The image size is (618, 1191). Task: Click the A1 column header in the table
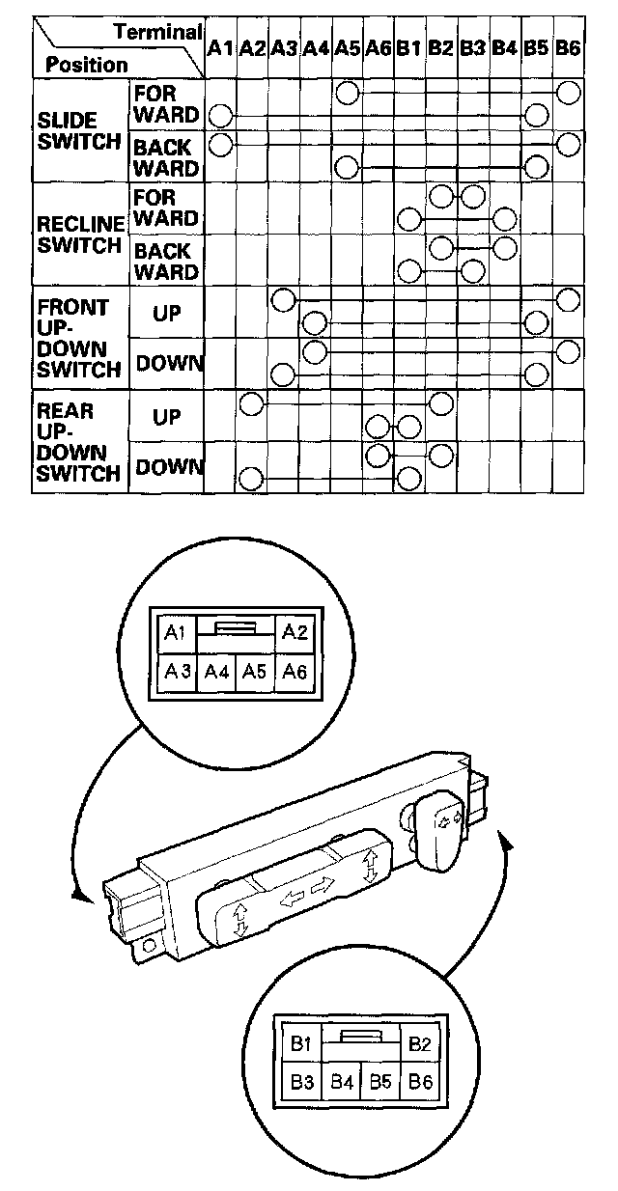pyautogui.click(x=220, y=46)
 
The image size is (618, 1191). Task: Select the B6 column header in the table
pyautogui.click(x=569, y=46)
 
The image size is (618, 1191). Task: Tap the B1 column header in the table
pyautogui.click(x=408, y=46)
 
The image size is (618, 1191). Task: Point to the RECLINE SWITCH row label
pyautogui.click(x=81, y=234)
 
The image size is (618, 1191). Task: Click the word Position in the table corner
pyautogui.click(x=87, y=65)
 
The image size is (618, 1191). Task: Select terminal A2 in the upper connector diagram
pyautogui.click(x=295, y=633)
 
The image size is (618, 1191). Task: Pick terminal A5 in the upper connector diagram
pyautogui.click(x=255, y=672)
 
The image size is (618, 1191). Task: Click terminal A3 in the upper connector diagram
pyautogui.click(x=176, y=672)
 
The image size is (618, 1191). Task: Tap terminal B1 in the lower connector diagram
pyautogui.click(x=300, y=1043)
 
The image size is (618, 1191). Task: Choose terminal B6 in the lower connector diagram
pyautogui.click(x=420, y=1083)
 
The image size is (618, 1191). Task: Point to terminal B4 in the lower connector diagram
pyautogui.click(x=340, y=1083)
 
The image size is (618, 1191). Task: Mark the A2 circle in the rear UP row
pyautogui.click(x=251, y=403)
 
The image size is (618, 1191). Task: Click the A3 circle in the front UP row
pyautogui.click(x=283, y=299)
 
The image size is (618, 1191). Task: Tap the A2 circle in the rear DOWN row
pyautogui.click(x=251, y=478)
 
